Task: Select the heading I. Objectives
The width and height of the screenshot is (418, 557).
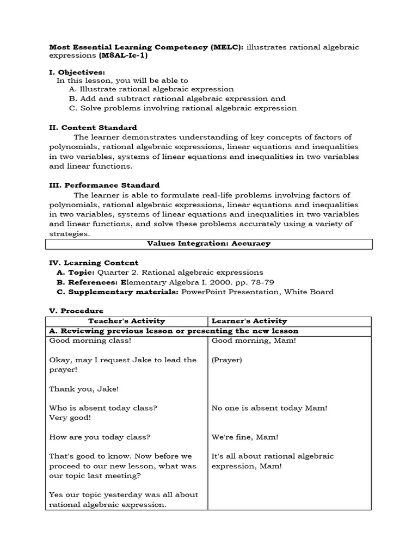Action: pyautogui.click(x=77, y=72)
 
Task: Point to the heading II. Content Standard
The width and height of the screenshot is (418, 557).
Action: pyautogui.click(x=93, y=127)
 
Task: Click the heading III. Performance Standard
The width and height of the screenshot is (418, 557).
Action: pyautogui.click(x=104, y=185)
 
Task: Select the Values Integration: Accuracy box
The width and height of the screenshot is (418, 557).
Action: pyautogui.click(x=209, y=244)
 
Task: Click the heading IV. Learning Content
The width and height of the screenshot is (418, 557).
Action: pyautogui.click(x=94, y=263)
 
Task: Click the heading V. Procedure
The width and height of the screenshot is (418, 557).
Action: pyautogui.click(x=76, y=311)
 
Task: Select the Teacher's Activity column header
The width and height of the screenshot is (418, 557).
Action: pyautogui.click(x=126, y=321)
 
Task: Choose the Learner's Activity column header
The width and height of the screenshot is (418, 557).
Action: pyautogui.click(x=249, y=321)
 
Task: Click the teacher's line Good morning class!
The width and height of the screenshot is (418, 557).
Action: pyautogui.click(x=90, y=341)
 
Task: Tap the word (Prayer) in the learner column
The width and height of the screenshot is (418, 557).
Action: pyautogui.click(x=226, y=360)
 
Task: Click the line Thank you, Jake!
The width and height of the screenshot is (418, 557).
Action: pyautogui.click(x=84, y=389)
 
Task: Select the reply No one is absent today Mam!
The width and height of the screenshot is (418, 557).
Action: pyautogui.click(x=269, y=408)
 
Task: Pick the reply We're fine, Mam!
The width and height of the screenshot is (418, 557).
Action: pyautogui.click(x=245, y=437)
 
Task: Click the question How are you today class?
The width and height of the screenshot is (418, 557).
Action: pyautogui.click(x=100, y=437)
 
